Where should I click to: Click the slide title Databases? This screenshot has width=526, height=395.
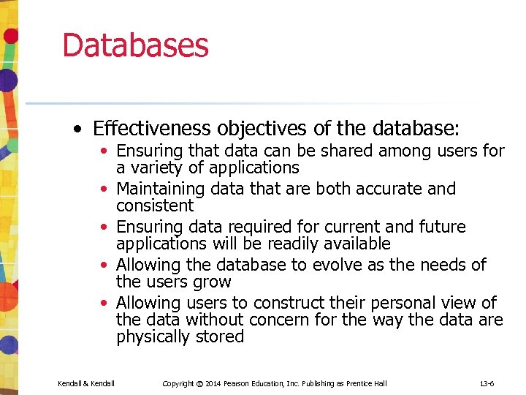135,45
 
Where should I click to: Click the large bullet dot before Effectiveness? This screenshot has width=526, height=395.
77,130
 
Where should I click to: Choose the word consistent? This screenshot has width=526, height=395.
155,206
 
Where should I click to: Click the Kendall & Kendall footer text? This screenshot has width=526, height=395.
85,383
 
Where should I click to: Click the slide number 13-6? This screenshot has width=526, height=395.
487,383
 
